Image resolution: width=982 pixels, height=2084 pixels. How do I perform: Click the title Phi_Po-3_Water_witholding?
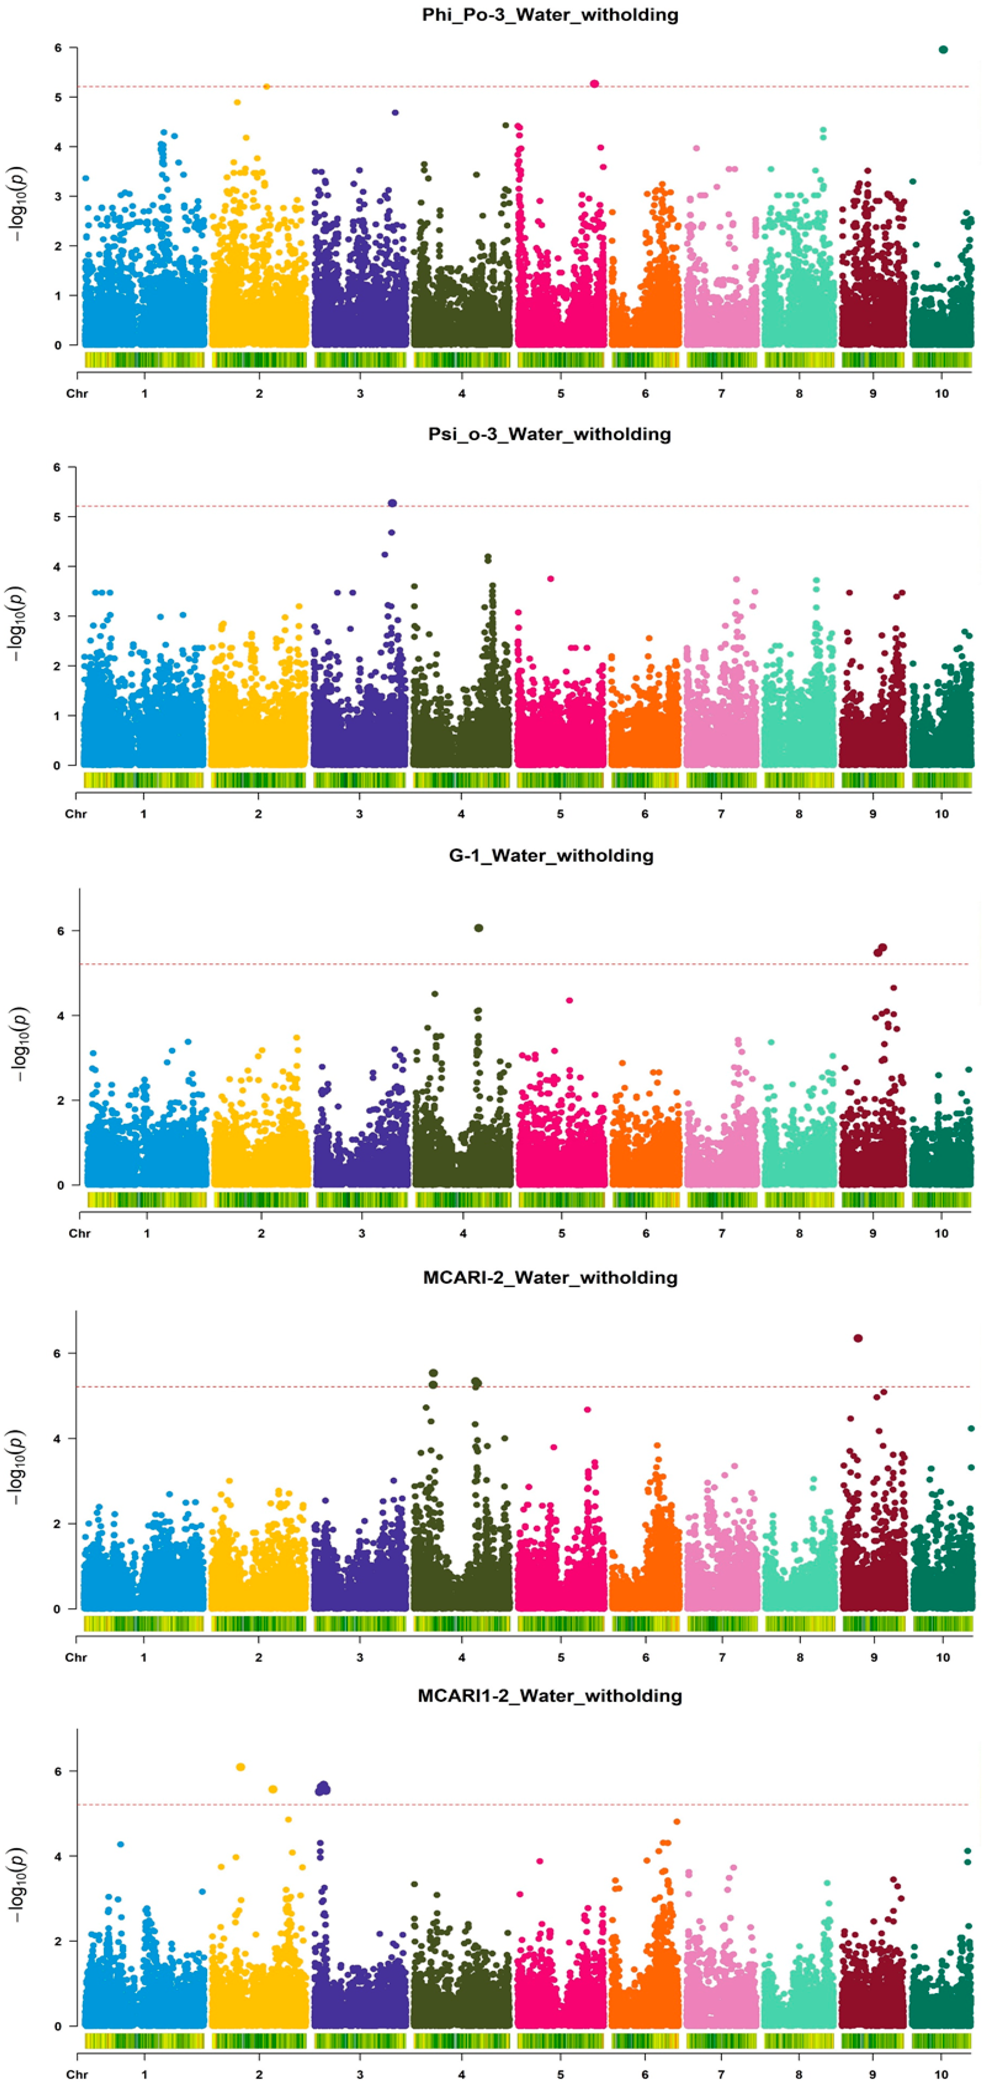(x=550, y=15)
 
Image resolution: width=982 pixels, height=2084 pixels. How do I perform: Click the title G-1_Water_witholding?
(x=551, y=855)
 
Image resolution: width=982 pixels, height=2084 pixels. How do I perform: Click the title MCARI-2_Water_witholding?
(x=550, y=1278)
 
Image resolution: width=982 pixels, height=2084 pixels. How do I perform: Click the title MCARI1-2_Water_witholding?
(x=550, y=1696)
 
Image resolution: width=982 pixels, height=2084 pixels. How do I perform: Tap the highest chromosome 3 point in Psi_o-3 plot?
(x=392, y=503)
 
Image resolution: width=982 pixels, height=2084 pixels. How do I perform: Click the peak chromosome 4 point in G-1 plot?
(x=479, y=928)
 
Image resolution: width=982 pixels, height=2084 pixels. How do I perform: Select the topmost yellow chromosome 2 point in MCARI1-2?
(x=240, y=1767)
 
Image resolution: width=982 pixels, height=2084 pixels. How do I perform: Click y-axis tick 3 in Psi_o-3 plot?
(x=57, y=617)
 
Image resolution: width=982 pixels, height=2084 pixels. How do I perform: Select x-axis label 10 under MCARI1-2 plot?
(x=942, y=2075)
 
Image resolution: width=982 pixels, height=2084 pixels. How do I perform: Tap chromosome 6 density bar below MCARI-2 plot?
(x=645, y=1624)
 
